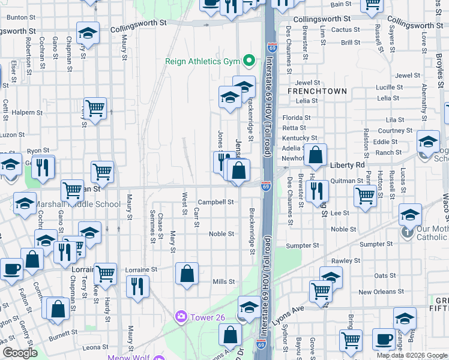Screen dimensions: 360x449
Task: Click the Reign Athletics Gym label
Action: (x=202, y=61)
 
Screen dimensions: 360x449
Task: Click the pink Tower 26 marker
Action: (x=179, y=316)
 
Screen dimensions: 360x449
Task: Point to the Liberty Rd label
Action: (x=348, y=164)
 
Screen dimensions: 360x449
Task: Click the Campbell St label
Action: (x=216, y=203)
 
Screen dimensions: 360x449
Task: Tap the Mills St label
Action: (x=223, y=281)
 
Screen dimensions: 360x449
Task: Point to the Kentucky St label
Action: (x=295, y=137)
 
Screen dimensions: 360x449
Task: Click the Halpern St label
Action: (x=23, y=112)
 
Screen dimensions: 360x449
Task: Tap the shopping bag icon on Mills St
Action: (x=187, y=275)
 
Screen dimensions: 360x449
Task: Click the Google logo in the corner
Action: (x=20, y=352)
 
